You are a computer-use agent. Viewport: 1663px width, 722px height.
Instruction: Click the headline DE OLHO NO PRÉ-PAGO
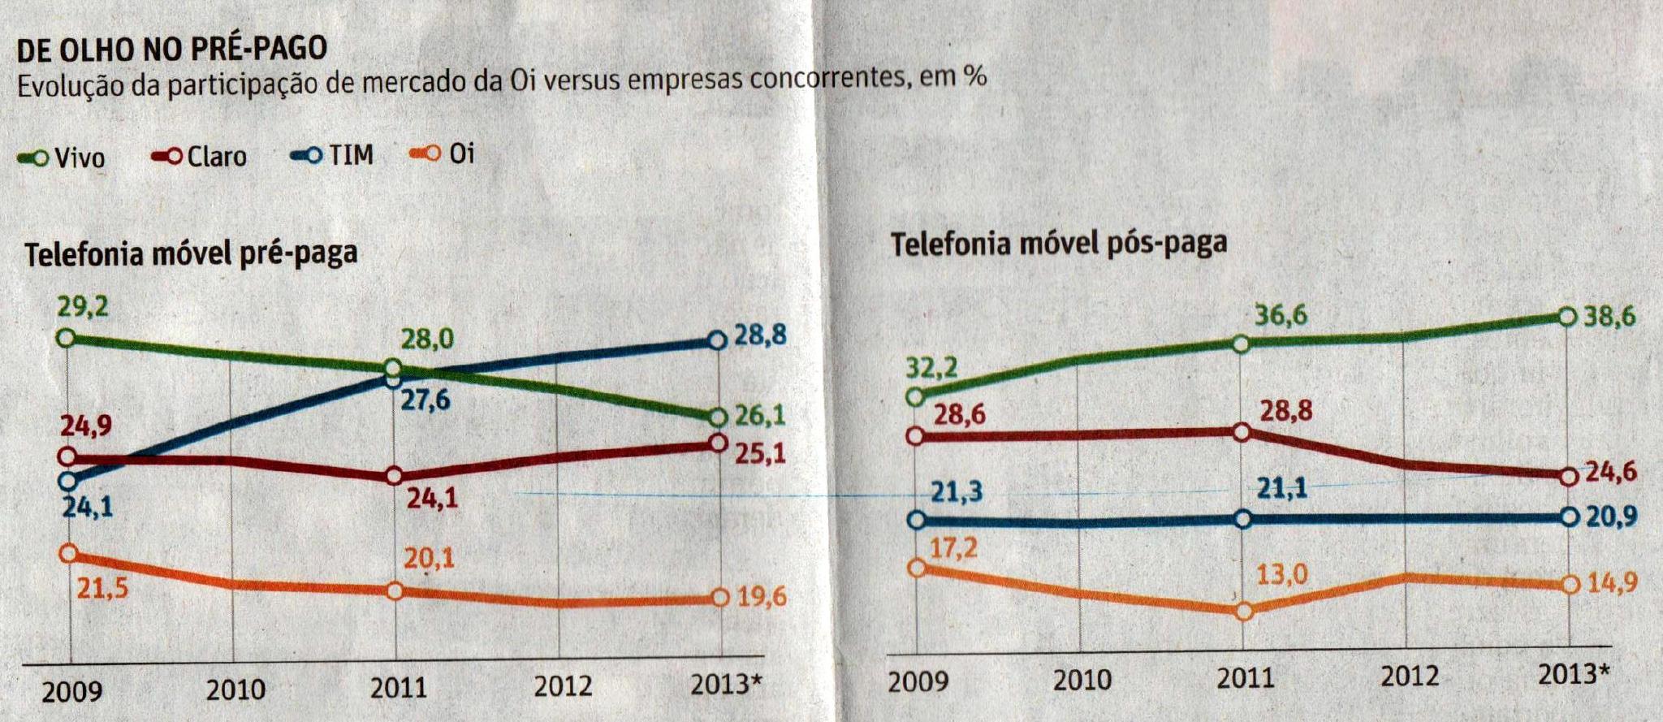[172, 49]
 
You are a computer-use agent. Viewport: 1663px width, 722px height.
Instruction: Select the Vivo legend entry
[62, 158]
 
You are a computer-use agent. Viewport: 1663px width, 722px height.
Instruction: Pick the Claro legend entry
[200, 156]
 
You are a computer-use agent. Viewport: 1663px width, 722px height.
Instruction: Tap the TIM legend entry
[333, 154]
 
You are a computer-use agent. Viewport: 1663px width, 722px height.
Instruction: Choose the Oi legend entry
[443, 153]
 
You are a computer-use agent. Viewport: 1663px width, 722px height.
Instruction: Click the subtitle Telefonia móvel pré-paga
[191, 254]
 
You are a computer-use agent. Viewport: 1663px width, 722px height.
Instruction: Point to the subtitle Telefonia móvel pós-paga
[1058, 244]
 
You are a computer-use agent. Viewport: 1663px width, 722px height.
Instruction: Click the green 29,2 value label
[82, 308]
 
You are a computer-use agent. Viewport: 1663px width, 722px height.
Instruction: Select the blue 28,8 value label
[760, 335]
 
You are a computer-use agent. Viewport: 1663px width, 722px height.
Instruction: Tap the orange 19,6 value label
[762, 598]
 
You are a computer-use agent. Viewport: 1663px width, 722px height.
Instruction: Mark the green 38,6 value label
[1609, 317]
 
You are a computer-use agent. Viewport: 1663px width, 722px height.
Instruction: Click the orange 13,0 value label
[1282, 575]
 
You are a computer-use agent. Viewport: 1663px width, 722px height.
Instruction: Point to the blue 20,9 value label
[1611, 517]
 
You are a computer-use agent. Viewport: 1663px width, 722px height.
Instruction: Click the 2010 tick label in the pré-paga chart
[235, 690]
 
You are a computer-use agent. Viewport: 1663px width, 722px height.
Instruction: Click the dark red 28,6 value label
[959, 415]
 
